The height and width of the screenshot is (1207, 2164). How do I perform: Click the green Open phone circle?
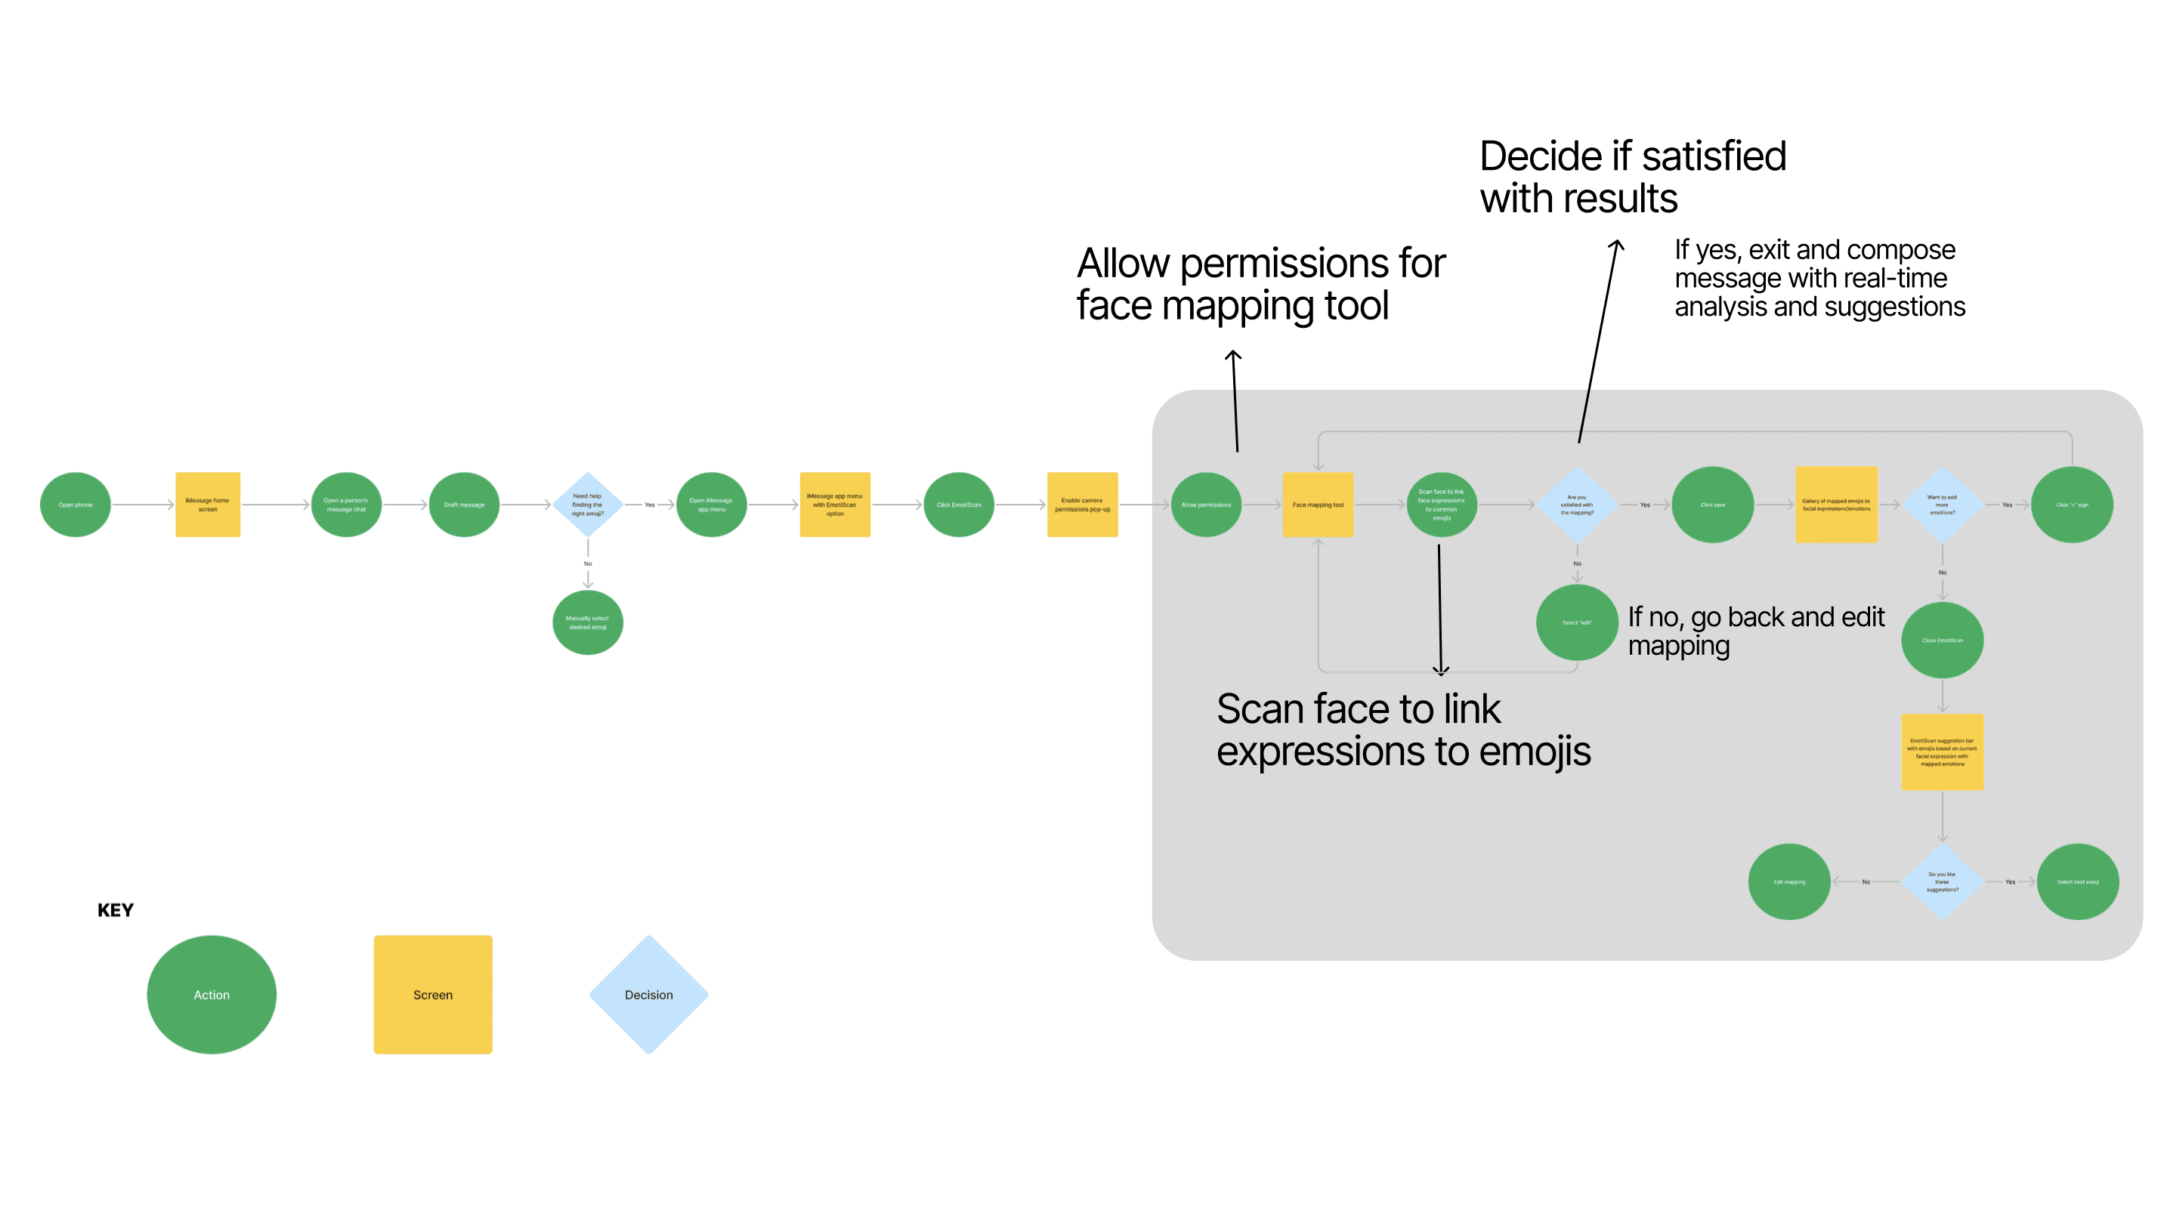[76, 505]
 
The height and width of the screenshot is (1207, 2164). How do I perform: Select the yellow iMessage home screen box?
[208, 505]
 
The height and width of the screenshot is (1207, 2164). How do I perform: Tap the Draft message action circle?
[464, 505]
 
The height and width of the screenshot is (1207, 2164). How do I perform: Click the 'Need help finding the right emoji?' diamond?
[588, 505]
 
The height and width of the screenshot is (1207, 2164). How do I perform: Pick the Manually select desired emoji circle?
[588, 622]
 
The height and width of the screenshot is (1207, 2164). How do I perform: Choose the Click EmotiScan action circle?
[959, 505]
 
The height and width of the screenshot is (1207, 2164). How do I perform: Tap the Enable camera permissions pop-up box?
[1082, 505]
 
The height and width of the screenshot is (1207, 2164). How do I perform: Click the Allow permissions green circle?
[1207, 505]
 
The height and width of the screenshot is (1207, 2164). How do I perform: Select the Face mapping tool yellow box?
[1318, 505]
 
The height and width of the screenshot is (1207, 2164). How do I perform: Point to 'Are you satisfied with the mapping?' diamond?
[1577, 505]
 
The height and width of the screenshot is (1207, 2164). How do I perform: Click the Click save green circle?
[1712, 505]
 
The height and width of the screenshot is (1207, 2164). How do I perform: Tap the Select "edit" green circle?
[1577, 622]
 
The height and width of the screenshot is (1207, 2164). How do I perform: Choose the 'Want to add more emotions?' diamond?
[1942, 505]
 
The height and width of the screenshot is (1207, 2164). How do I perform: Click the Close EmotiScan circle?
[1942, 640]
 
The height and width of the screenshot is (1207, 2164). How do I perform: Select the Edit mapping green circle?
[1789, 882]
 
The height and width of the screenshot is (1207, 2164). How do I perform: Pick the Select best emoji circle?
[2077, 882]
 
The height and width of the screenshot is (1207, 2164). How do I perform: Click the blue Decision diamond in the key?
[648, 995]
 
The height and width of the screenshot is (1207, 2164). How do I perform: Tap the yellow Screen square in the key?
[433, 995]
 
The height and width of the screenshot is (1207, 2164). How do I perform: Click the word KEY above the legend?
[115, 910]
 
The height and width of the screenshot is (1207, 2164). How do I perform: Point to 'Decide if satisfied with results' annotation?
[1631, 177]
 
